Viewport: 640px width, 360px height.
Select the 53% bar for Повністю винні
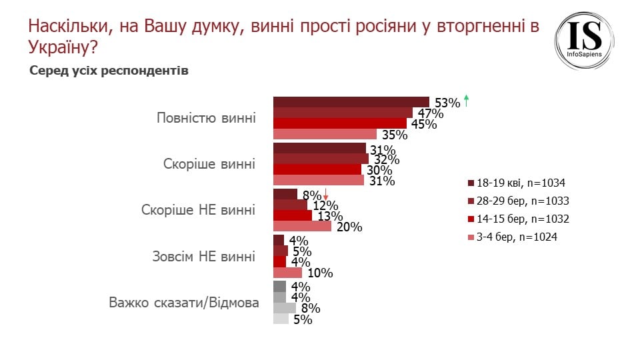351,101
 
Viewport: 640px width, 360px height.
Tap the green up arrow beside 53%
467,101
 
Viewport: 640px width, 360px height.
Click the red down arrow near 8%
326,195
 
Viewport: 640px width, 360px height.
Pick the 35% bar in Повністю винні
325,134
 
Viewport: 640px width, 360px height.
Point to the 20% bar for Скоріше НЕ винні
302,226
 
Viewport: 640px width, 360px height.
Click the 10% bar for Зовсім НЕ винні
287,272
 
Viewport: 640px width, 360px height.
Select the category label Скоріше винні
209,164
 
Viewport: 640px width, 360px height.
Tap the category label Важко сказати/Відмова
183,303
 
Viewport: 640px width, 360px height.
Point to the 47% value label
431,113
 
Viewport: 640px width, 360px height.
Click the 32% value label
386,159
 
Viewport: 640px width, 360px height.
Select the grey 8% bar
285,308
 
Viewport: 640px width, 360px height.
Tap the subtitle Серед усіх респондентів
109,71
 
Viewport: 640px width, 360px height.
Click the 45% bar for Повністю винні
340,123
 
